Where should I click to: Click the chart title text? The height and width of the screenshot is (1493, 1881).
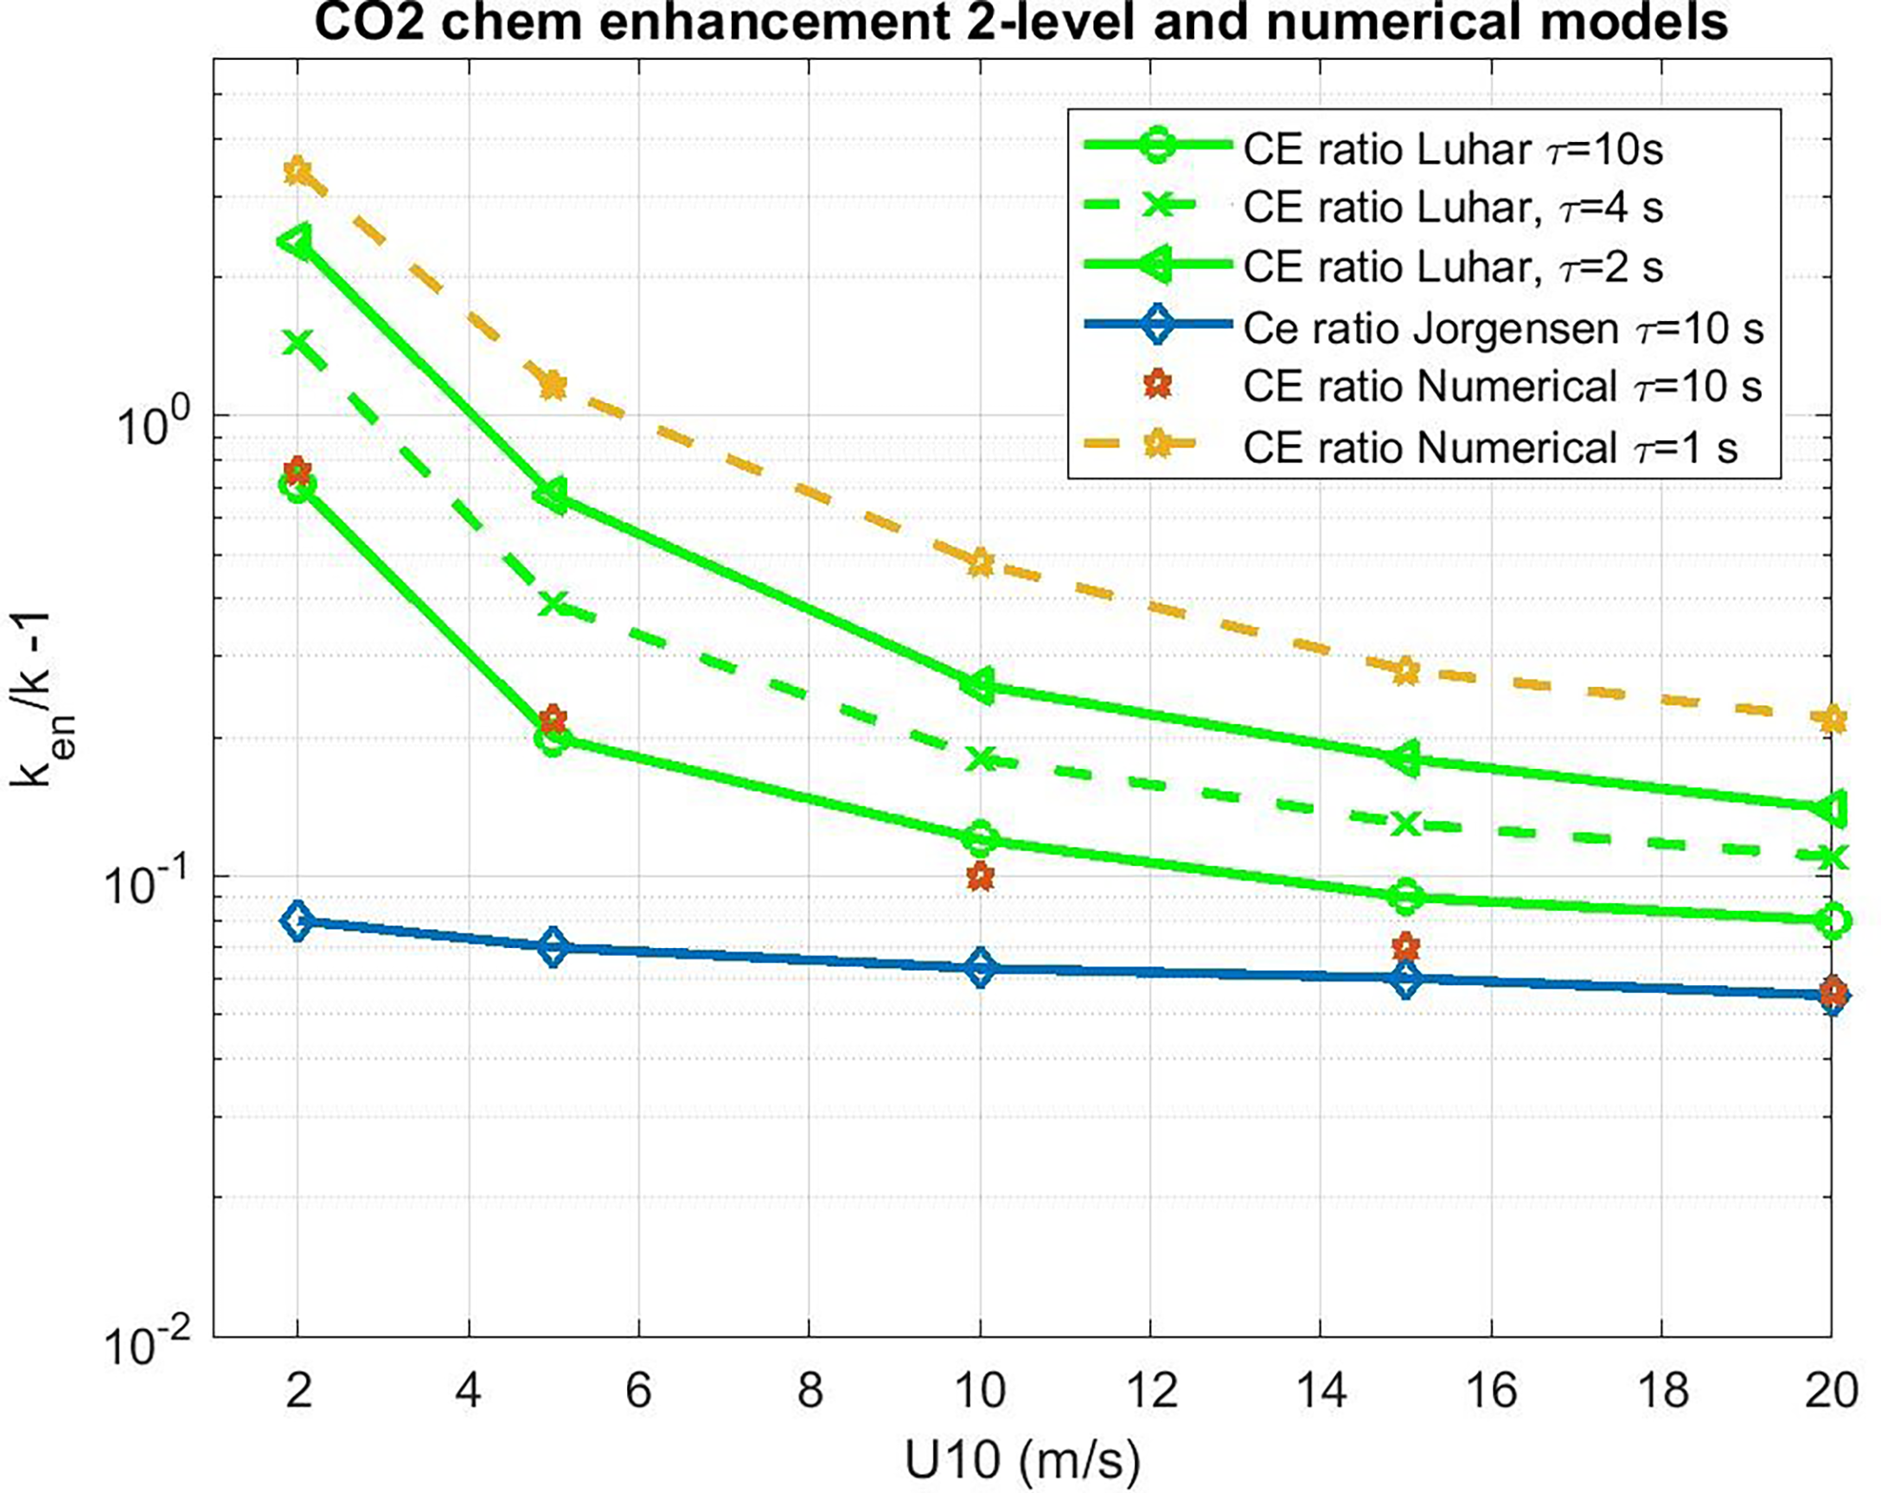tap(1020, 22)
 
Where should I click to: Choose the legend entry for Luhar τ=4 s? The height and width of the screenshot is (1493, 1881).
tap(1453, 208)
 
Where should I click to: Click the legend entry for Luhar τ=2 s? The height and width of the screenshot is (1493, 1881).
tap(1453, 267)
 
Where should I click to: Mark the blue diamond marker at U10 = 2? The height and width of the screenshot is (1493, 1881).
tap(298, 920)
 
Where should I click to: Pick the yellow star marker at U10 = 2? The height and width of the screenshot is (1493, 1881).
tap(298, 171)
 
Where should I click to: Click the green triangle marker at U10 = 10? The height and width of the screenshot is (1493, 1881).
tap(980, 686)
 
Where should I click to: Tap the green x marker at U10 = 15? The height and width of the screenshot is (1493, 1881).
tap(1405, 822)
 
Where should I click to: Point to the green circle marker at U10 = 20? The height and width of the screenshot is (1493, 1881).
tap(1833, 920)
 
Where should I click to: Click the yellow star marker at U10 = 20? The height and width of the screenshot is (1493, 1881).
tap(1833, 720)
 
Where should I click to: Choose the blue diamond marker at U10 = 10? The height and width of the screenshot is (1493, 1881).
tap(981, 969)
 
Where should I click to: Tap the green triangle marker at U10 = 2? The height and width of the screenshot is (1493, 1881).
tap(297, 241)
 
